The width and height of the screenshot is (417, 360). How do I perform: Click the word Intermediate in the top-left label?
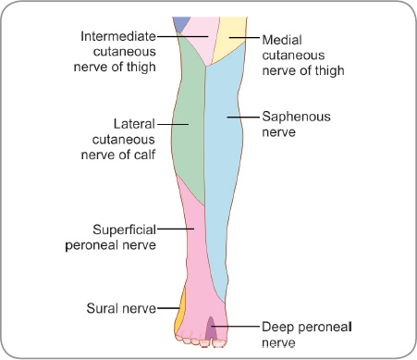pyautogui.click(x=117, y=36)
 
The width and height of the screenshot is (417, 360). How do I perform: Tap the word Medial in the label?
pyautogui.click(x=283, y=40)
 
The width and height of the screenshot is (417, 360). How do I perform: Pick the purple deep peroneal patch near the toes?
pyautogui.click(x=212, y=328)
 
